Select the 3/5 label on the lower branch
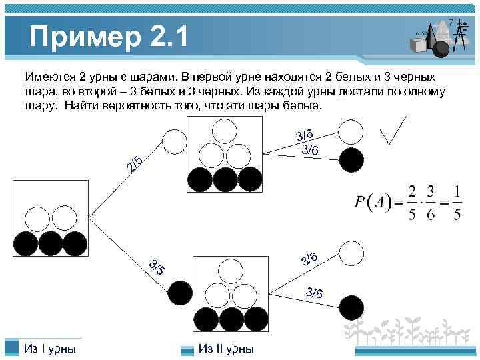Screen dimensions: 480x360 tap(157, 267)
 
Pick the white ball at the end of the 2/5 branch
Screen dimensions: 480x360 tap(175, 141)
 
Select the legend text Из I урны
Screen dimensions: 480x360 tap(49, 349)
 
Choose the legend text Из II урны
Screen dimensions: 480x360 tap(226, 349)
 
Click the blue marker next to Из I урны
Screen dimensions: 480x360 tap(11, 348)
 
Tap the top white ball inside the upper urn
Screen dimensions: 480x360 tap(225, 131)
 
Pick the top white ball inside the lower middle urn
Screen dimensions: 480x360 tap(231, 270)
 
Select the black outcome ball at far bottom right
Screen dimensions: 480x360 tap(351, 307)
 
